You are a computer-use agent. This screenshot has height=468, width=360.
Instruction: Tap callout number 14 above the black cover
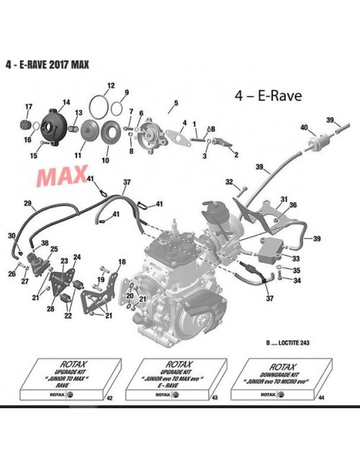pyautogui.click(x=66, y=102)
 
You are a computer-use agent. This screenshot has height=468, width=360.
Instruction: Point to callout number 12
pyautogui.click(x=110, y=86)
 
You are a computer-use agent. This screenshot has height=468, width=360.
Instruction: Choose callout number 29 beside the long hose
pyautogui.click(x=28, y=204)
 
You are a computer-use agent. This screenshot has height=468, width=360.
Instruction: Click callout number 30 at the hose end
pyautogui.click(x=10, y=235)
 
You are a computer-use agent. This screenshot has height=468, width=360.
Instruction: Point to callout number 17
pyautogui.click(x=29, y=107)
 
